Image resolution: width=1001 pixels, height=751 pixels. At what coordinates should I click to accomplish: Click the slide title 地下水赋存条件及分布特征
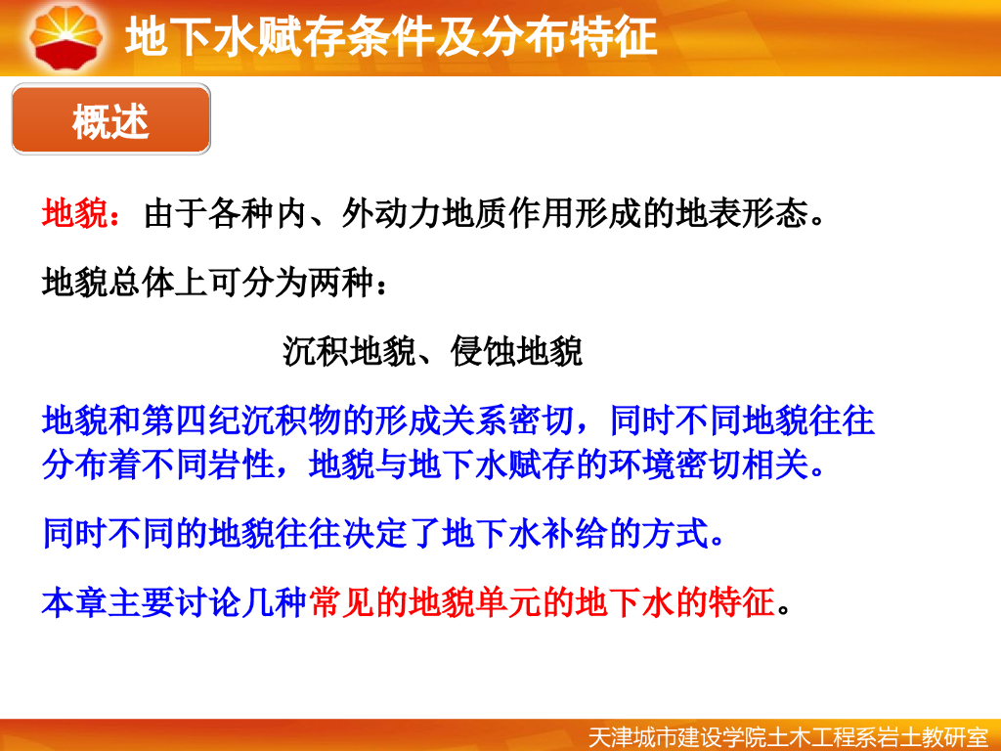391,38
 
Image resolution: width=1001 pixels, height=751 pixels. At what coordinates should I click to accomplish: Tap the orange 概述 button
110,121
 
